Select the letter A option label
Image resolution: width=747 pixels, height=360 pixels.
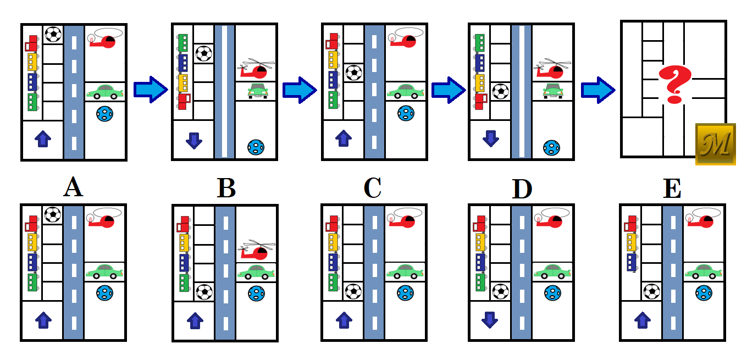73,189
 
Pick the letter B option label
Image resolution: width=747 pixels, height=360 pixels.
226,189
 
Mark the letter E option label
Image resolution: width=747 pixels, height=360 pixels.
672,189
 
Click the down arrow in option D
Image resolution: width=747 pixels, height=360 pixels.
489,320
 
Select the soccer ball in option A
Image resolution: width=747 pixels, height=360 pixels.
53,214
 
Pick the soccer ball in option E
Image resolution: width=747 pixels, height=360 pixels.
652,291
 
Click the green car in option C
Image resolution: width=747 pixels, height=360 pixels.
405,272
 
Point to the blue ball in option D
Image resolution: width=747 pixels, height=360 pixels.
552,292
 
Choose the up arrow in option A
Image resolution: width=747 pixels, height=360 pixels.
42,320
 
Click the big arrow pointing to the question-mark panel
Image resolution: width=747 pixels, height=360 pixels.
598,90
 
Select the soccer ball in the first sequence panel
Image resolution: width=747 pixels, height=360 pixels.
53,35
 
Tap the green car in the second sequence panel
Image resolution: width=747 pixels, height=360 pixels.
256,91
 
